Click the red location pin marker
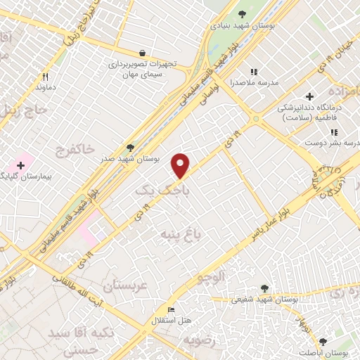(x=181, y=165)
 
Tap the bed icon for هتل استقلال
(x=171, y=309)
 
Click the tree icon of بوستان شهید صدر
(x=130, y=147)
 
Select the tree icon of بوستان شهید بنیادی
(x=243, y=13)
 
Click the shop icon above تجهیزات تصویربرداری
(x=143, y=53)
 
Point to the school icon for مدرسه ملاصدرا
(x=254, y=72)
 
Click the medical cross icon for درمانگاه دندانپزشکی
(x=309, y=96)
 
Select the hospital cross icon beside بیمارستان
(x=20, y=166)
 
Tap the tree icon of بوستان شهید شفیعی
(x=264, y=288)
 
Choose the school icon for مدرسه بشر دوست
(x=334, y=132)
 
